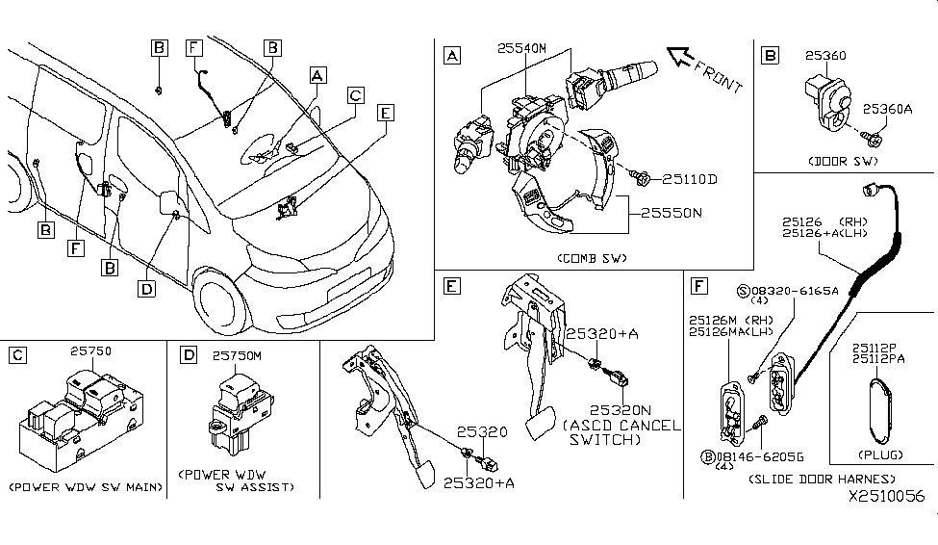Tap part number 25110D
[x=690, y=179]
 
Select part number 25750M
[x=239, y=356]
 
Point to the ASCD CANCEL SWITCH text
[x=624, y=432]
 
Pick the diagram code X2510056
[x=885, y=497]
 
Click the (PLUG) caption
[x=876, y=453]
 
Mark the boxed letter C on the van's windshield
[x=356, y=95]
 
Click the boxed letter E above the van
[x=386, y=113]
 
